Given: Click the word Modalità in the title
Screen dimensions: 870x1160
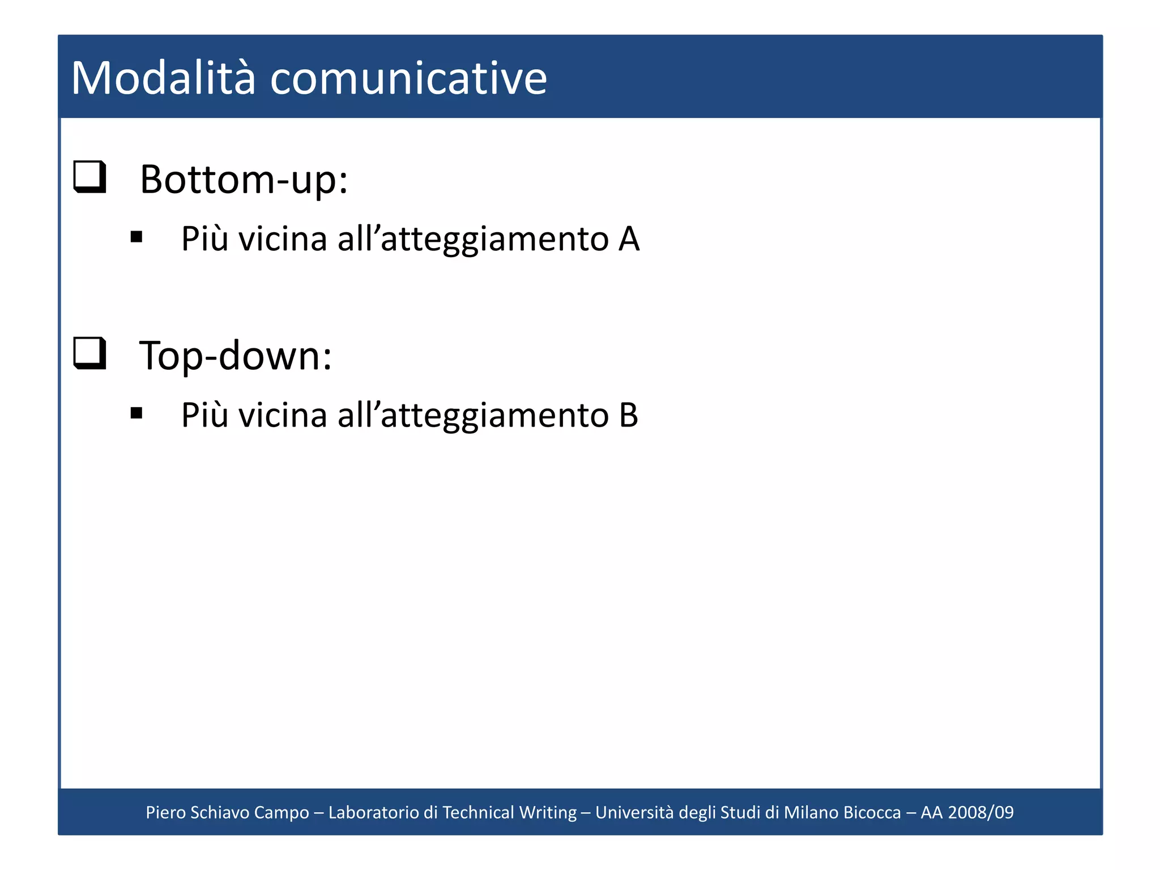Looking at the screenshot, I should pos(163,78).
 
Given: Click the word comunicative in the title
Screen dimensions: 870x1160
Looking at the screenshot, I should pos(408,78).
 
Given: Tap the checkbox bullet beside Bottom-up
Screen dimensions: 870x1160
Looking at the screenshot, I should pos(90,177).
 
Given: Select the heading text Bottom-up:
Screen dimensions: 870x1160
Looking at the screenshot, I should pos(244,180).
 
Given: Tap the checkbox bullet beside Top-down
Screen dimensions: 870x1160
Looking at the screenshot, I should pos(90,353).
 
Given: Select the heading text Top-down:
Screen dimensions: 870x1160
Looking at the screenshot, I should pos(235,356).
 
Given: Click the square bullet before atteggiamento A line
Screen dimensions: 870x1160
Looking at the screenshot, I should pos(136,237).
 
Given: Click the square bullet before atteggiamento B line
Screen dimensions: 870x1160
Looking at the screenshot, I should pos(136,413).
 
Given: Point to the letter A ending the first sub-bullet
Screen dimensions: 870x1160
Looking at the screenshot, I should pos(629,239).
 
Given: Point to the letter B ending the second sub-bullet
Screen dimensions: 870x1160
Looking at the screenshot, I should pos(628,415).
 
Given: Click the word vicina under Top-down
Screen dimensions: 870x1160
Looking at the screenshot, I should pos(283,415).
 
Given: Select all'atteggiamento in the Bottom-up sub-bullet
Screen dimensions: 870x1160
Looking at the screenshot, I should pos(473,239).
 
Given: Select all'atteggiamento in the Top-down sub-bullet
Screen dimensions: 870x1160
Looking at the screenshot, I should pos(473,415).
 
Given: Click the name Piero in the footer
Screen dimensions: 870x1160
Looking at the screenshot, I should pos(165,812).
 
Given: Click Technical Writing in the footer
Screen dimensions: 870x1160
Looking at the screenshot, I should pos(509,812).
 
